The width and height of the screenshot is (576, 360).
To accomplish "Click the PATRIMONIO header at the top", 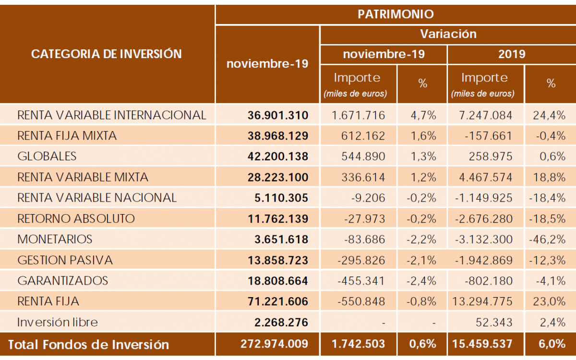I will (396, 14).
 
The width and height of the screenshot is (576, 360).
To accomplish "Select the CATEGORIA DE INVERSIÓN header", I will (107, 54).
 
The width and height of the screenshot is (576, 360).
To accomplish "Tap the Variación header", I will (448, 34).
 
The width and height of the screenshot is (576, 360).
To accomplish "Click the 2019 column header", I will (512, 54).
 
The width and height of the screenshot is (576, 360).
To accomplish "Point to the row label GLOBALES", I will (47, 156).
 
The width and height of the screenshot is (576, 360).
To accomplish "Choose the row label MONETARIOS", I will (55, 239).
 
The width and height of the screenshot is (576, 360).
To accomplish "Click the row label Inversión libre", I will (57, 322).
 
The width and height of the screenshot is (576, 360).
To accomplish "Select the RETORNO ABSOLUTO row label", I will (76, 218).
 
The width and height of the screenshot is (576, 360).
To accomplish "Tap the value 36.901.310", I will (278, 115).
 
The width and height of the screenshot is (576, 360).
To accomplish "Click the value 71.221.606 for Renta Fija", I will (278, 301).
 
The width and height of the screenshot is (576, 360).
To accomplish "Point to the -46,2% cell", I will (551, 239).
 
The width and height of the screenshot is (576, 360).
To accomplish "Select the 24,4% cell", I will (551, 115).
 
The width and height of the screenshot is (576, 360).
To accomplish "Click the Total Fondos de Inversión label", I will (88, 345).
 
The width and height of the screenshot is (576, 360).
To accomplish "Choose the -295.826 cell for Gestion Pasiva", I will (361, 260).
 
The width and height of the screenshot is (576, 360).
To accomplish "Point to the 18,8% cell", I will (551, 177).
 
